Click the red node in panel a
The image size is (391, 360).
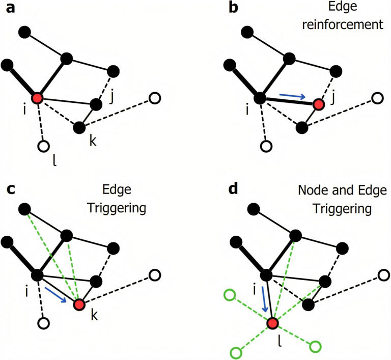point(37,98)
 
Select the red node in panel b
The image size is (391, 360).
point(319,104)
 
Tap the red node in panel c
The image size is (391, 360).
point(79,304)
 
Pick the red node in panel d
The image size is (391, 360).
point(273,323)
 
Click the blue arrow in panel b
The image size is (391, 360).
point(293,95)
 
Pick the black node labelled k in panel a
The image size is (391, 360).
point(79,127)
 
